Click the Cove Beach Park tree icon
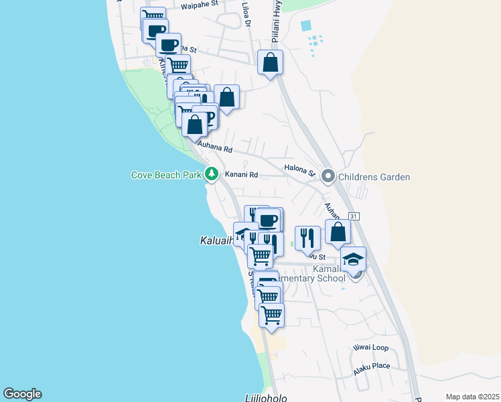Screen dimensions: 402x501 [x=212, y=175]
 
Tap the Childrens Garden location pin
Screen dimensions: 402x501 [x=328, y=177]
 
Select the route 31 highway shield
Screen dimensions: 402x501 [x=354, y=216]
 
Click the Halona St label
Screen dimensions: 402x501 [x=299, y=170]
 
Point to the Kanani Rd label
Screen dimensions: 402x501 [x=241, y=175]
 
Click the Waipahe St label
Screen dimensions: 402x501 [x=200, y=5]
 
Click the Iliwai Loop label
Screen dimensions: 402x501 [x=370, y=348]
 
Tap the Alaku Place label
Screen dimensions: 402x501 [x=371, y=365]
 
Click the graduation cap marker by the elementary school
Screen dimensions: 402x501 [x=353, y=259]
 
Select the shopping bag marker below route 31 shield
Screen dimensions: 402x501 [x=338, y=232]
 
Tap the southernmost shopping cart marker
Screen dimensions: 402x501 [x=271, y=314]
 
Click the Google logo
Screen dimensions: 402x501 [x=22, y=394]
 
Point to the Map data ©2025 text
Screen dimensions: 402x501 [x=472, y=397]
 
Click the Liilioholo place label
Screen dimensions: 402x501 [x=266, y=398]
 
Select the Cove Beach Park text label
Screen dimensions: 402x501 [x=166, y=176]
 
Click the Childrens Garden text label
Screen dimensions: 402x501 [x=374, y=177]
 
